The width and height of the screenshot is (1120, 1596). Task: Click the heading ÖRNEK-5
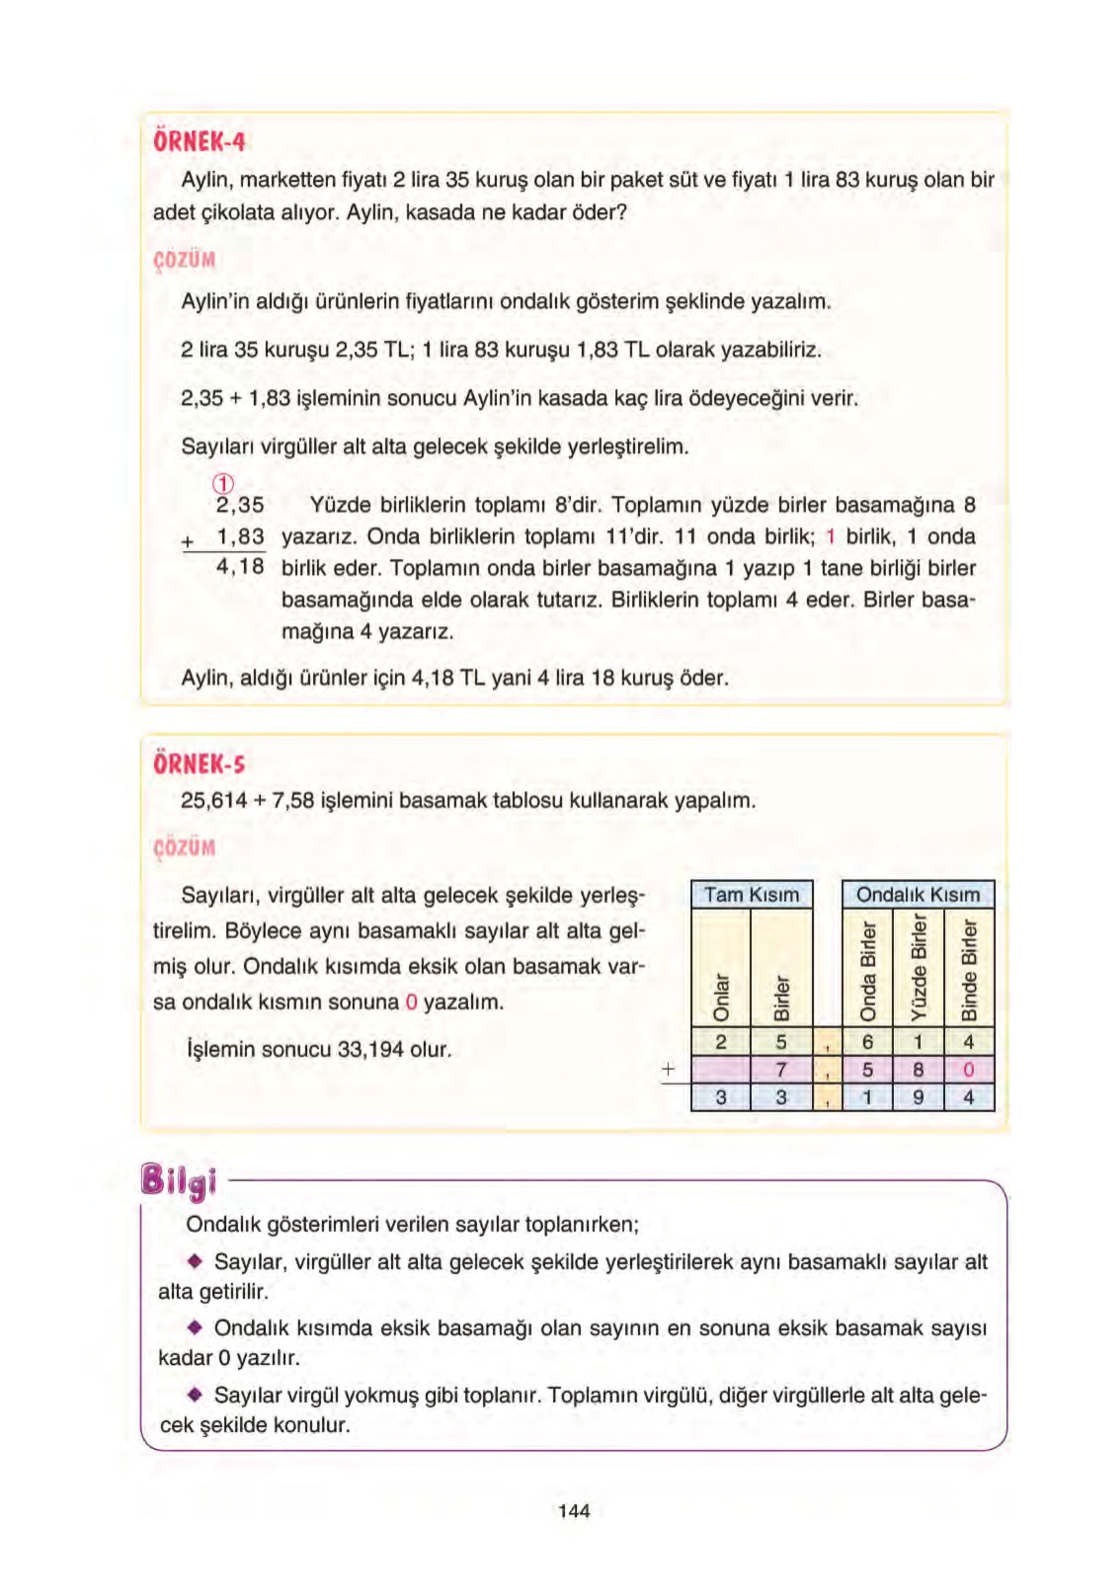[x=199, y=764]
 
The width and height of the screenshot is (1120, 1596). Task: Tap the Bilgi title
[x=178, y=1182]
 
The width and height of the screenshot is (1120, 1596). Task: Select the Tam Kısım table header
[x=751, y=895]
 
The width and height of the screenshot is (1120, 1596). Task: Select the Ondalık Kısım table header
[x=918, y=895]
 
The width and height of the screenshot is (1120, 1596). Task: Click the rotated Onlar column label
[x=721, y=997]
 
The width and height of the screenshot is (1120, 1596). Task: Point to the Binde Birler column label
[x=969, y=970]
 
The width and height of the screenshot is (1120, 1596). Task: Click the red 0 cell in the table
[x=969, y=1070]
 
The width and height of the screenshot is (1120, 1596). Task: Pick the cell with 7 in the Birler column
[x=781, y=1070]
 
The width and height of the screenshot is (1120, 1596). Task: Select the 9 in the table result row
[x=918, y=1098]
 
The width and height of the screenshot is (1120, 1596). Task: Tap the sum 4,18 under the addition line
[x=240, y=567]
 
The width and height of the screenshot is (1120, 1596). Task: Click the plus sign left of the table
[x=668, y=1069]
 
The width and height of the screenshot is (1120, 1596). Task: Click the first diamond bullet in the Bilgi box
[x=195, y=1261]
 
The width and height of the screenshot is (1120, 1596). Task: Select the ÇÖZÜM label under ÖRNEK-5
[x=184, y=848]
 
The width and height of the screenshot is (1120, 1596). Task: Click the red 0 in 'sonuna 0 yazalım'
[x=410, y=1002]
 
